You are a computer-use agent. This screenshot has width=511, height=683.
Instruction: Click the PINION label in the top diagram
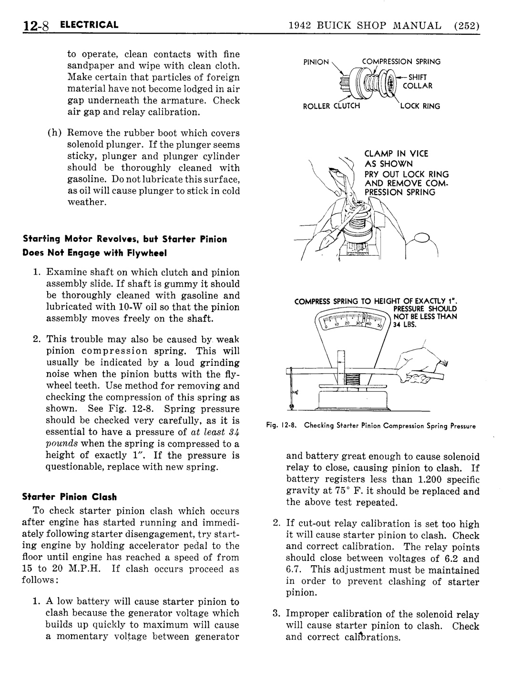click(316, 62)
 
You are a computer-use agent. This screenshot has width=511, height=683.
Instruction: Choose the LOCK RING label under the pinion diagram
click(420, 106)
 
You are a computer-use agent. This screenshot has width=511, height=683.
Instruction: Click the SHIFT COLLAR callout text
click(418, 81)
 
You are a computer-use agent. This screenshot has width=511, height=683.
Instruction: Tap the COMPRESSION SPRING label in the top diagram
click(401, 62)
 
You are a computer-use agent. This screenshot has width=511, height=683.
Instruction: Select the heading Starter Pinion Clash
click(70, 497)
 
